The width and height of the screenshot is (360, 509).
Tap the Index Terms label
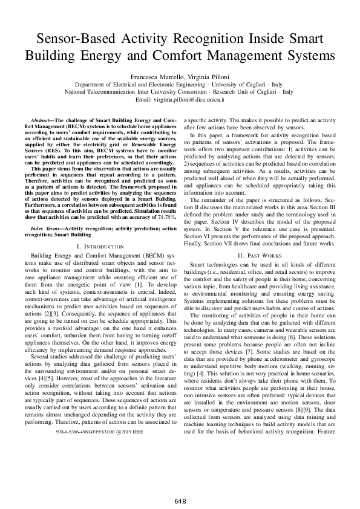tap(47, 229)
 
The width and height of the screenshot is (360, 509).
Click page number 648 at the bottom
tap(180, 484)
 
